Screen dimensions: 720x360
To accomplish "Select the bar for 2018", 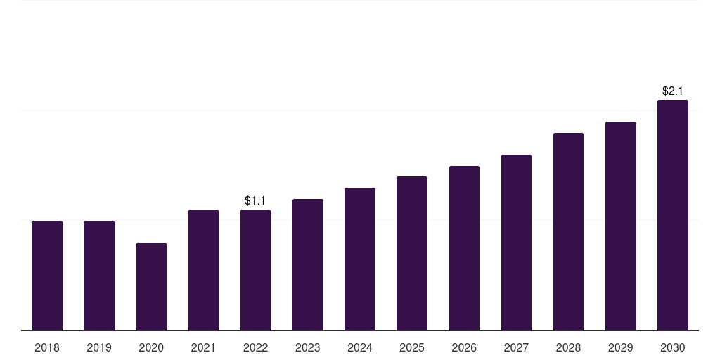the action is point(47,276).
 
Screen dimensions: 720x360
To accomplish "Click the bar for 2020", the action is point(152,287).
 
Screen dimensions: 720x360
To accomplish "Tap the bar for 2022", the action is point(256,270).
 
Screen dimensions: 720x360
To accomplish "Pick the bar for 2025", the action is point(412,253).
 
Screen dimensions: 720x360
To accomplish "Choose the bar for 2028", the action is point(568,232).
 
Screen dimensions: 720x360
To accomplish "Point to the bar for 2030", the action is point(673,215).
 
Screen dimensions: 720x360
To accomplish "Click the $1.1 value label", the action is point(255,200).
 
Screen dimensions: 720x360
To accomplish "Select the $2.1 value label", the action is point(673,91).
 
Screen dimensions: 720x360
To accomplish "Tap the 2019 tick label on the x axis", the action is point(99,348).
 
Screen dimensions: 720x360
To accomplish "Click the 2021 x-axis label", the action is point(203,348).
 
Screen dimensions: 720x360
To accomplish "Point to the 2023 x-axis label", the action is point(308,348).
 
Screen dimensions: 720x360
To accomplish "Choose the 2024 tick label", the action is point(360,348).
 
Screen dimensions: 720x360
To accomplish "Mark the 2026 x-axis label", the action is point(464,348).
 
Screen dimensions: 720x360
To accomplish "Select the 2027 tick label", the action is point(516,348).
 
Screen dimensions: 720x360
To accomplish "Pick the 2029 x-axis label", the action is point(620,348).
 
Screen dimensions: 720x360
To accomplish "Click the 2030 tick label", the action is point(673,348).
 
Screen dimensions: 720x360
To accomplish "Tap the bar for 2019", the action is point(99,276).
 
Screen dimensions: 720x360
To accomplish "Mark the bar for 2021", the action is point(203,270).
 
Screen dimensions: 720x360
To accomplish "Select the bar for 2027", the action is point(516,243).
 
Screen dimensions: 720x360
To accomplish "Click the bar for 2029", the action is point(621,226).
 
